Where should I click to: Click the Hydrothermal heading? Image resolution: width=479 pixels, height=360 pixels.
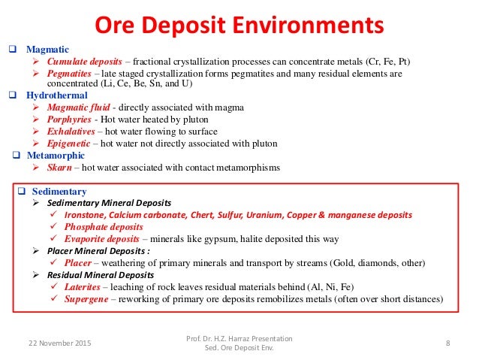(56, 96)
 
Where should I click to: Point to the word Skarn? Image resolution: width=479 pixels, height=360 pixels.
(59, 168)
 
